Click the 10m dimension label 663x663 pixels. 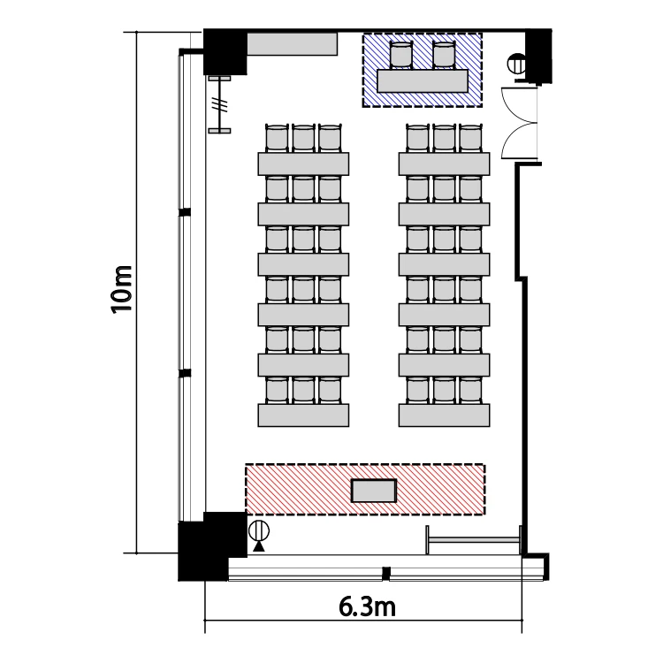122,290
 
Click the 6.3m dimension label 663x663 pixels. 367,607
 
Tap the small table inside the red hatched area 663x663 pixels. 374,491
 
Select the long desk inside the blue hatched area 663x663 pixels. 423,80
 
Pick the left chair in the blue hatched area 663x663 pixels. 400,55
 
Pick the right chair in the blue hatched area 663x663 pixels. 444,55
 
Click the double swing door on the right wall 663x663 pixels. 519,123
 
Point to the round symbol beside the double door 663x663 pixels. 516,65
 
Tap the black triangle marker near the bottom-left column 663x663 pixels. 259,546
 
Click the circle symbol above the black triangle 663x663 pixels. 259,530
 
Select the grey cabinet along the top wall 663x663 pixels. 292,44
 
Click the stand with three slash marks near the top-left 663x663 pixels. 220,104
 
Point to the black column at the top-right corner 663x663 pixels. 538,56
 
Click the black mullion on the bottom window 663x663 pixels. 385,574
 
